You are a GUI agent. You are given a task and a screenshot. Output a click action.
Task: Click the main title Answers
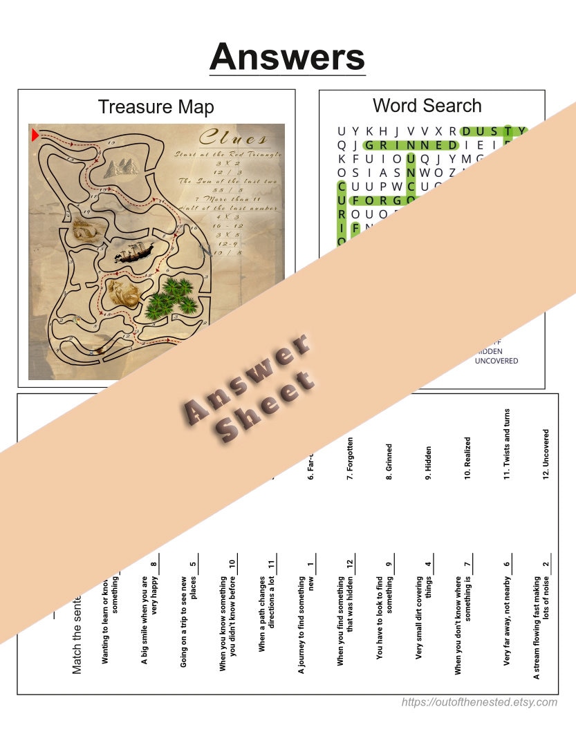coord(287,56)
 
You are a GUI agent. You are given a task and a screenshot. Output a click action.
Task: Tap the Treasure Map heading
coord(156,107)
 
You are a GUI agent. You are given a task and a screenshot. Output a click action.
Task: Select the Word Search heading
coord(427,106)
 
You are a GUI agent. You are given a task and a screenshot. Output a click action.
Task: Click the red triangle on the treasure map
coord(35,135)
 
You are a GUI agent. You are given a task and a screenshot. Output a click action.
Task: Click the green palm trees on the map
coord(170,296)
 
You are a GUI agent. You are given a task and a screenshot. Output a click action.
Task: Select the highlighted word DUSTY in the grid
coord(493,131)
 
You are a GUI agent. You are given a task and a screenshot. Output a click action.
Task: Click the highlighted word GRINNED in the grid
coord(409,145)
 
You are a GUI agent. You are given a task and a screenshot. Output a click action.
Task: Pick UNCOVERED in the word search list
coord(496,361)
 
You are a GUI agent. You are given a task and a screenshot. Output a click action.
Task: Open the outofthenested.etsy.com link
coord(479,702)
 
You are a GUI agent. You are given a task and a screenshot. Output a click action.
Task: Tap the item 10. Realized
coord(467,458)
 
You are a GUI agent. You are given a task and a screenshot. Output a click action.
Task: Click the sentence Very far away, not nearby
coord(507,622)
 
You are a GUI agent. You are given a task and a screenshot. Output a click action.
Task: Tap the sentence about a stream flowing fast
coord(541,625)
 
